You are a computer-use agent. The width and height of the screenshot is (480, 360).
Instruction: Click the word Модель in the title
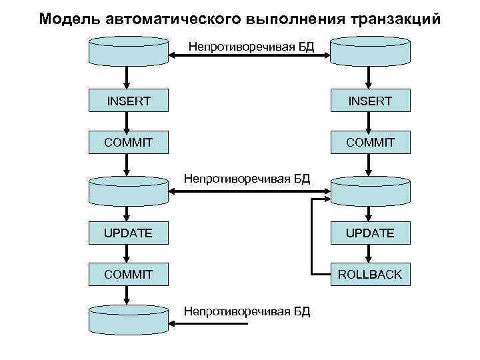[x=65, y=18]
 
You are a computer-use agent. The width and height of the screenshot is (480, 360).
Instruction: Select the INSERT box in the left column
[x=129, y=101]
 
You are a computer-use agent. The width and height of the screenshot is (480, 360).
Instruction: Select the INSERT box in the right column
[x=370, y=101]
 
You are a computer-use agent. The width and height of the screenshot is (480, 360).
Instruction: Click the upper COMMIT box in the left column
[x=129, y=143]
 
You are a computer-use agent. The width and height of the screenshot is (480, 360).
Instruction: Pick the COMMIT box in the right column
[x=370, y=143]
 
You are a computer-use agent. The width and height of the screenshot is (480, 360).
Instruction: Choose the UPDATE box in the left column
[x=129, y=233]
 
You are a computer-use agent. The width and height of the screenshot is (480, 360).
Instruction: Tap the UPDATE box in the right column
[x=370, y=233]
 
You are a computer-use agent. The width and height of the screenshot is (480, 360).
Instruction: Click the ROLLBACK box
[x=370, y=274]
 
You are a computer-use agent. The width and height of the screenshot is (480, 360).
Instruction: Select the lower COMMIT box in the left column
[x=129, y=274]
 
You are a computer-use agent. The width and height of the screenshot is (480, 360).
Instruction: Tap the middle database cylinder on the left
[x=129, y=190]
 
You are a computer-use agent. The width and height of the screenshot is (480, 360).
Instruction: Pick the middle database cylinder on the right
[x=370, y=190]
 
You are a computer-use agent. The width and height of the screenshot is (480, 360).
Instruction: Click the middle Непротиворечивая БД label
[x=247, y=179]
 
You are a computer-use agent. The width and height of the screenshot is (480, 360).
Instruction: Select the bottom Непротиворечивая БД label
[x=247, y=311]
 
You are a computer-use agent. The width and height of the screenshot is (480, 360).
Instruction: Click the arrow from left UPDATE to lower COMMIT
[x=129, y=254]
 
